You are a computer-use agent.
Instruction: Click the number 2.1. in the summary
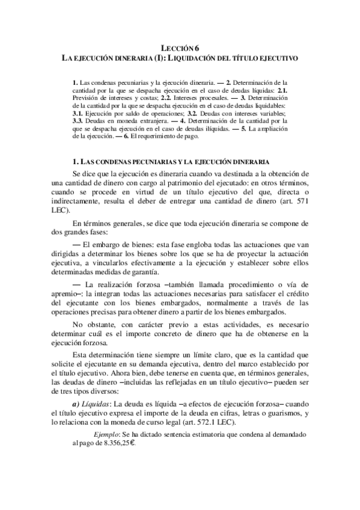[x=284, y=89]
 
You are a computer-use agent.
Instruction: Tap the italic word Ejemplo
[x=111, y=434]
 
